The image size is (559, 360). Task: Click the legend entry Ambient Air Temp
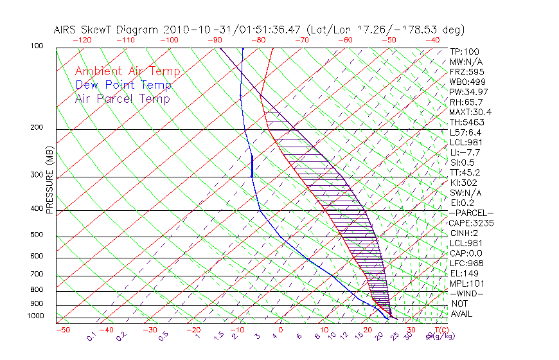point(127,71)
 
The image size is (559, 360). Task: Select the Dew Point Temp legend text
point(123,85)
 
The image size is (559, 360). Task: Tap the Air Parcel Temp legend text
point(123,98)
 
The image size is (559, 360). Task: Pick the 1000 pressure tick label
point(37,316)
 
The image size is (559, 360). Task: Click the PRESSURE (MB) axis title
point(49,183)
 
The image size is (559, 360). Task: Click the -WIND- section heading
point(467,293)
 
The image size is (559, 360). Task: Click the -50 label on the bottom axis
point(62,330)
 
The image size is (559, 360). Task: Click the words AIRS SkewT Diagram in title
point(107,30)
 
